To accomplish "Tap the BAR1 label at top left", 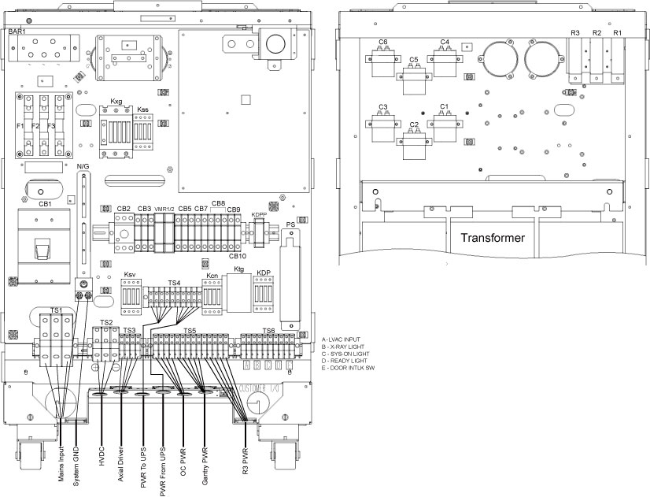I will click(17, 31).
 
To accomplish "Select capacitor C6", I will click(384, 55).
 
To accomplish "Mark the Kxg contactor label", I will click(116, 102).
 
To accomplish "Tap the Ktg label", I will click(240, 269).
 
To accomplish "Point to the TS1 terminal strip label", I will click(57, 311).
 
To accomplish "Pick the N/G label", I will click(83, 167).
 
